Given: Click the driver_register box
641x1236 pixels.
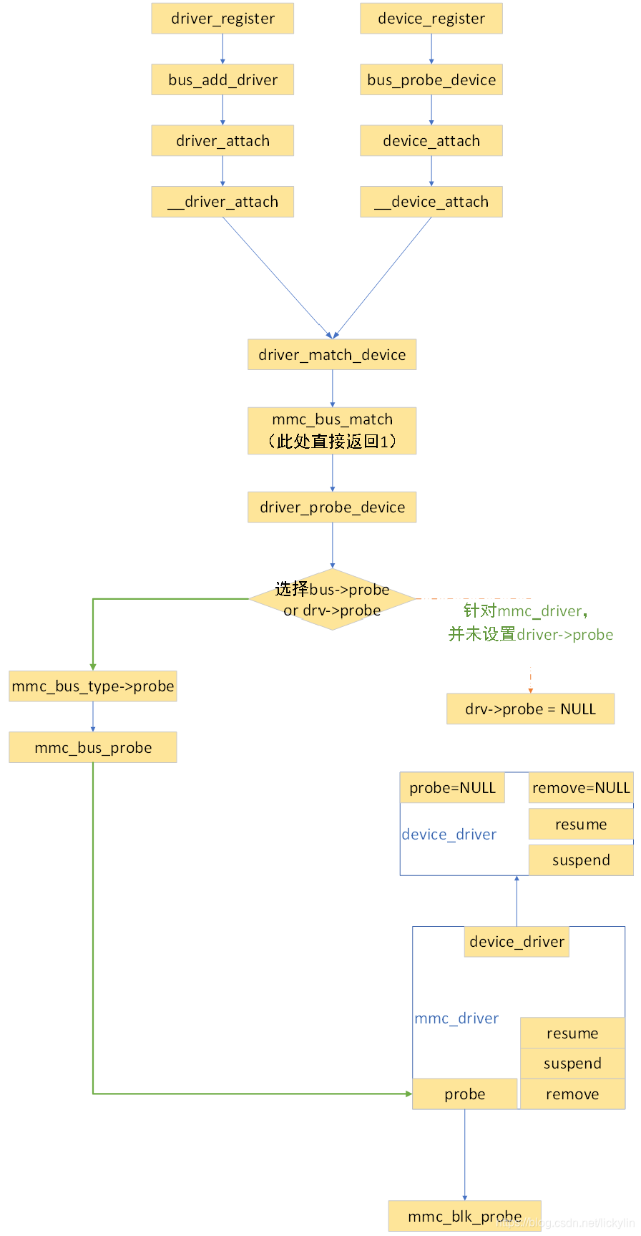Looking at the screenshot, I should pyautogui.click(x=222, y=19).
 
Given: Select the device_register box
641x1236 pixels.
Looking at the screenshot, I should pyautogui.click(x=431, y=19).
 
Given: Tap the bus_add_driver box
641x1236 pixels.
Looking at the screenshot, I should pyautogui.click(x=222, y=80).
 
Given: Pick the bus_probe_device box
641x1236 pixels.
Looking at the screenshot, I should pyautogui.click(x=431, y=80).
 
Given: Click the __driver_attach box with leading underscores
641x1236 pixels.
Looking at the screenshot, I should pyautogui.click(x=222, y=202).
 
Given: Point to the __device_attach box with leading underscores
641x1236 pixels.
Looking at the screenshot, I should pyautogui.click(x=431, y=202).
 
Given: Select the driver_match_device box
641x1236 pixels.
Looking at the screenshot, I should pyautogui.click(x=332, y=355).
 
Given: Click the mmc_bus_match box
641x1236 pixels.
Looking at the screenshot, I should pyautogui.click(x=332, y=431).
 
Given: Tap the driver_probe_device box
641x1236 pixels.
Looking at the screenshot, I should pyautogui.click(x=332, y=507).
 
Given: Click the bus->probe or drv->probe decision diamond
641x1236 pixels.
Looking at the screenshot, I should pyautogui.click(x=332, y=600).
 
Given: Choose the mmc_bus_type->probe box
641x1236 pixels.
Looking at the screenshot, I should pyautogui.click(x=93, y=686).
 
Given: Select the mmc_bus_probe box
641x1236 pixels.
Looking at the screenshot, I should pyautogui.click(x=93, y=748).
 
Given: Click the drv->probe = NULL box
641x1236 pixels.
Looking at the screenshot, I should pyautogui.click(x=530, y=709).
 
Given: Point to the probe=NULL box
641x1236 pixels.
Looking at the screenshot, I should pyautogui.click(x=452, y=788).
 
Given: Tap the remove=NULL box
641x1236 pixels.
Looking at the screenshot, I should pyautogui.click(x=581, y=788).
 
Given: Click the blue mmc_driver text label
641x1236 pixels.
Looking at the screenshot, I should pyautogui.click(x=456, y=1018).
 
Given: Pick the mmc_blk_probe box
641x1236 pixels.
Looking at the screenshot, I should pyautogui.click(x=464, y=1217).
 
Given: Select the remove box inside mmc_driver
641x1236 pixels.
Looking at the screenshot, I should pyautogui.click(x=572, y=1094).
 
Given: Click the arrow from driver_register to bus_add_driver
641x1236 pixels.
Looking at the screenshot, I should pyautogui.click(x=222, y=49).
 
